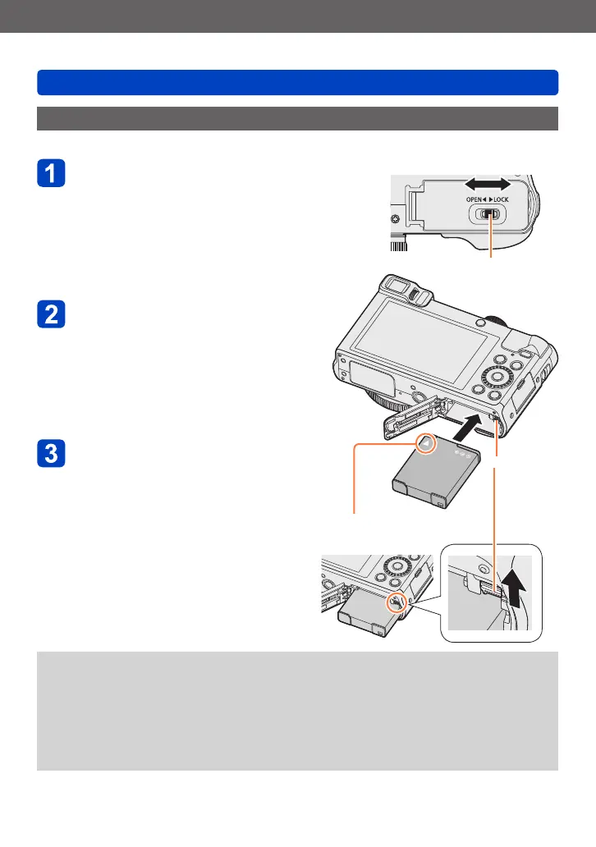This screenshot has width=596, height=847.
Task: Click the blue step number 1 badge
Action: (52, 176)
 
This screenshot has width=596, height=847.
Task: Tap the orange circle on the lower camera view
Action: (397, 602)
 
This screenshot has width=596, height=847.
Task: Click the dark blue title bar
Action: (297, 82)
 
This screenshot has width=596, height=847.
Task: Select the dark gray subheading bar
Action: (297, 118)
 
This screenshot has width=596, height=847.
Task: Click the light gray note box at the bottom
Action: (297, 711)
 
